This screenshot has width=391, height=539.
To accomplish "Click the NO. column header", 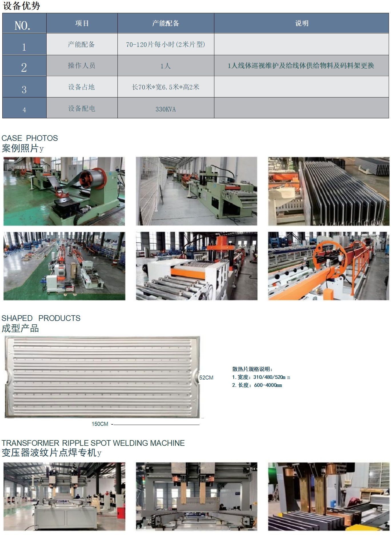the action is pyautogui.click(x=24, y=23).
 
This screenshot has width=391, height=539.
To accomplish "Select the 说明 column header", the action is pyautogui.click(x=302, y=23).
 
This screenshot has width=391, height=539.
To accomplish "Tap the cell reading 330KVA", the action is pyautogui.click(x=166, y=108).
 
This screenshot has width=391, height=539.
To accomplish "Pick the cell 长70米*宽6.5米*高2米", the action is pyautogui.click(x=166, y=87).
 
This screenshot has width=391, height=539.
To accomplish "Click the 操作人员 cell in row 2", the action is pyautogui.click(x=82, y=65).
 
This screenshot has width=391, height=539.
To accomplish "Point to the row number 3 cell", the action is pyautogui.click(x=24, y=87).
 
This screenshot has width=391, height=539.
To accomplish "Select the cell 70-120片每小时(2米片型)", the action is pyautogui.click(x=166, y=44).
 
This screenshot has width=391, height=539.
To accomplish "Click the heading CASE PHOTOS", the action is pyautogui.click(x=30, y=138).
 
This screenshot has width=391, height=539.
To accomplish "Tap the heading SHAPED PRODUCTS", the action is pyautogui.click(x=41, y=318).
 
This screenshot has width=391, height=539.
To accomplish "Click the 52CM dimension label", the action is pyautogui.click(x=206, y=378).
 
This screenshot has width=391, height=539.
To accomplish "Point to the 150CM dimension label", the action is pyautogui.click(x=100, y=424).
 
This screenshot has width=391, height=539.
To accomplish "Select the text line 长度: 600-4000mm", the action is pyautogui.click(x=257, y=385).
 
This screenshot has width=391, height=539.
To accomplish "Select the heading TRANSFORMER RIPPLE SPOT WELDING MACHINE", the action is pyautogui.click(x=93, y=443).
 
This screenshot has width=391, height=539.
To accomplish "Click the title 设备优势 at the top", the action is pyautogui.click(x=21, y=6).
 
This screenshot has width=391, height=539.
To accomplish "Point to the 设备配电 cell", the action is pyautogui.click(x=82, y=108).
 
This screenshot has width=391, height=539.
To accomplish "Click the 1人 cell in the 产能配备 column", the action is pyautogui.click(x=166, y=66).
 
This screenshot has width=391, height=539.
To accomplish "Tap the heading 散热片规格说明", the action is pyautogui.click(x=252, y=369).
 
